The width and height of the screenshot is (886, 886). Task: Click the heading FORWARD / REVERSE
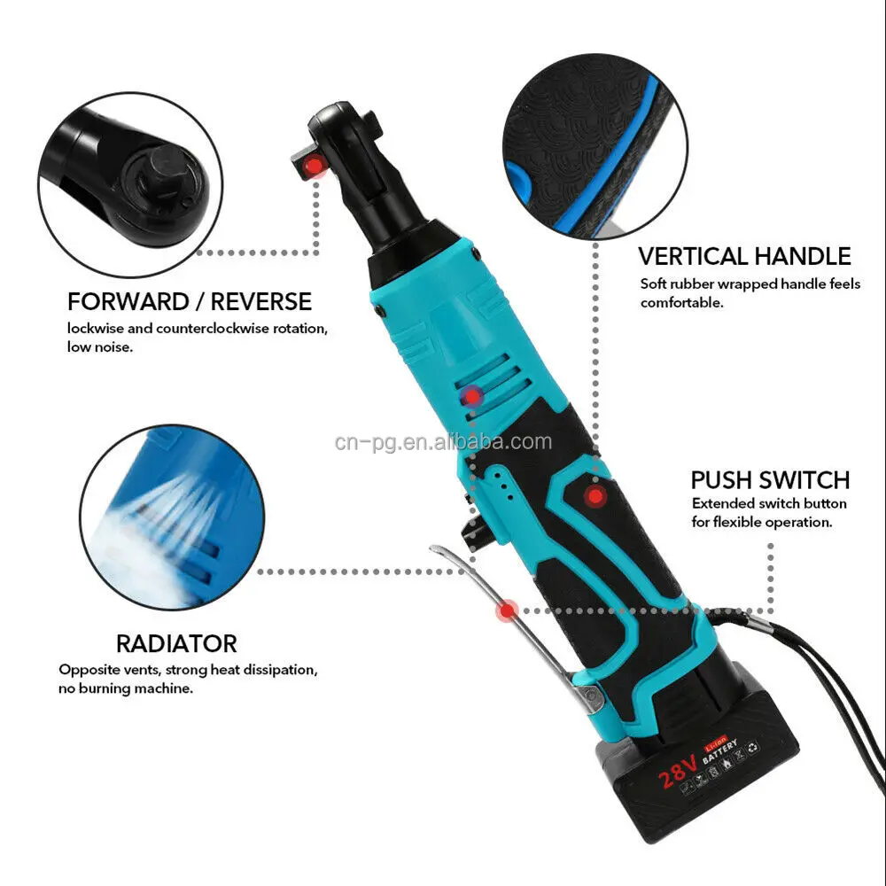[x=190, y=301]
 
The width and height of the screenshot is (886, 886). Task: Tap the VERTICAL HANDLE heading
[x=744, y=257]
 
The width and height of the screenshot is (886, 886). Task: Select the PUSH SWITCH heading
[x=770, y=480]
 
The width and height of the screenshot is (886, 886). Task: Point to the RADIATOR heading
[x=176, y=643]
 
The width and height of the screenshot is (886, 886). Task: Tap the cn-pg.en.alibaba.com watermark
[x=443, y=442]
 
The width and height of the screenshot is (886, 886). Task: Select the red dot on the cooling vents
[x=473, y=396]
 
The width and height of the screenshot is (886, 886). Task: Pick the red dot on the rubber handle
[x=595, y=495]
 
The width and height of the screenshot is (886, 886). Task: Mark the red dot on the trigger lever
[x=507, y=610]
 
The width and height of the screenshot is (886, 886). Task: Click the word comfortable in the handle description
[x=682, y=302]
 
